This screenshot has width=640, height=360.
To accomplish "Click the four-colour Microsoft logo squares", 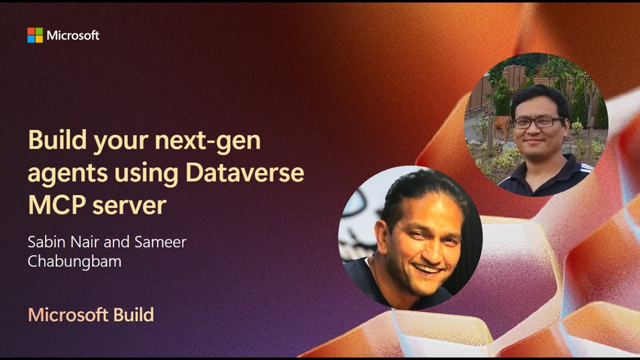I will click(35, 35).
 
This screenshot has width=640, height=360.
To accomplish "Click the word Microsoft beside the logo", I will click(73, 35).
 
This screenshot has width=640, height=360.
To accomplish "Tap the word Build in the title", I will click(56, 140).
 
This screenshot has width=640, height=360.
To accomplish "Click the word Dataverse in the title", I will click(244, 173).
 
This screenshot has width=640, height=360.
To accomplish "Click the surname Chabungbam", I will click(74, 261).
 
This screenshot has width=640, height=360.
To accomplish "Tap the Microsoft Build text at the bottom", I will click(91, 315).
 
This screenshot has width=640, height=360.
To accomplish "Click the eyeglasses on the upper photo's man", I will click(538, 122).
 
